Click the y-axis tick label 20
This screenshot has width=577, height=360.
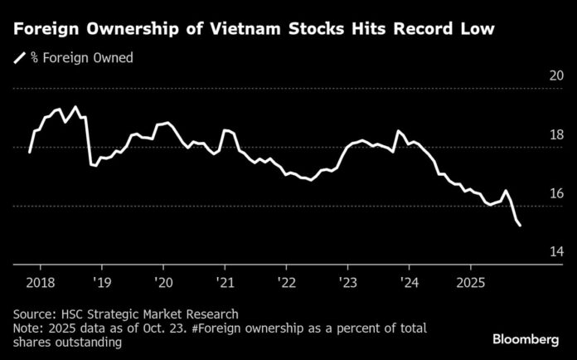(556, 76)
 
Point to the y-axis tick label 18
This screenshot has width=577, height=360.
(556, 135)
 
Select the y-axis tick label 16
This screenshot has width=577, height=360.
(556, 193)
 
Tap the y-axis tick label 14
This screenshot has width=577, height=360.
(556, 251)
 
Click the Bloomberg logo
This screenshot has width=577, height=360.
(526, 339)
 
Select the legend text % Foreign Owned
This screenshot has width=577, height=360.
(82, 58)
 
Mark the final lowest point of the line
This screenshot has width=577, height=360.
(520, 225)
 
